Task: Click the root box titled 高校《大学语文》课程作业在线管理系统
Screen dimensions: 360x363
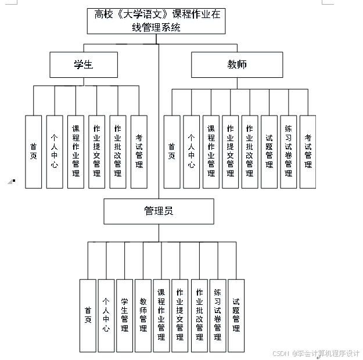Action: pyautogui.click(x=158, y=21)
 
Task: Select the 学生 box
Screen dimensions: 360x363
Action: pyautogui.click(x=84, y=64)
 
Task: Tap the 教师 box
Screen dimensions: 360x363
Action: pyautogui.click(x=237, y=64)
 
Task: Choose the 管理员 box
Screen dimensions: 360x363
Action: pyautogui.click(x=158, y=211)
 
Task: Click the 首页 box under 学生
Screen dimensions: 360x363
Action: pyautogui.click(x=34, y=152)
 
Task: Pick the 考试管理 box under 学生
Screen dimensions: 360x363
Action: pyautogui.click(x=139, y=152)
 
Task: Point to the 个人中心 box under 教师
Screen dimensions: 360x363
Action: pyautogui.click(x=191, y=152)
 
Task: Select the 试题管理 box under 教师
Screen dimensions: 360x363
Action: pyautogui.click(x=269, y=152)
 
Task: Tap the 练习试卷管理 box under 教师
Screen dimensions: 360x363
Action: pyautogui.click(x=288, y=152)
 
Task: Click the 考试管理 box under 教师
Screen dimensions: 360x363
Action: pyautogui.click(x=308, y=152)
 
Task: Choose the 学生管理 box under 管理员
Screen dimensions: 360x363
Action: pyautogui.click(x=124, y=315)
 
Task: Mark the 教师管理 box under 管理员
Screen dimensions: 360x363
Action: pyautogui.click(x=143, y=315)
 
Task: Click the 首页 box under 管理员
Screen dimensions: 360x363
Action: pyautogui.click(x=88, y=315)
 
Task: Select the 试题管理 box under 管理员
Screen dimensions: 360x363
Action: pyautogui.click(x=236, y=315)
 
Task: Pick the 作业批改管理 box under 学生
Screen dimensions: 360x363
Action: pyautogui.click(x=118, y=152)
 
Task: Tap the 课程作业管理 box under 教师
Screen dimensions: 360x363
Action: pyautogui.click(x=211, y=152)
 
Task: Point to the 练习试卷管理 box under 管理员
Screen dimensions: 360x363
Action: pyautogui.click(x=217, y=315)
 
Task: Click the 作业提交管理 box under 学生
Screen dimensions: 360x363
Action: pyautogui.click(x=96, y=152)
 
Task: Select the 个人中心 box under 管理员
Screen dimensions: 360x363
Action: pyautogui.click(x=106, y=315)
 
